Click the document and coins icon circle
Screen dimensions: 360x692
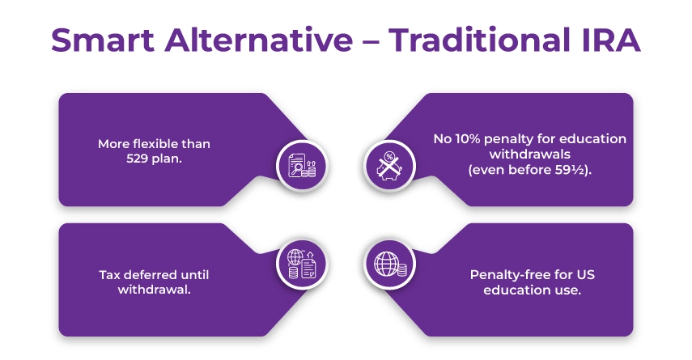tap(302, 165)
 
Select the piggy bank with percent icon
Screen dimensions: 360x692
tap(389, 165)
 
